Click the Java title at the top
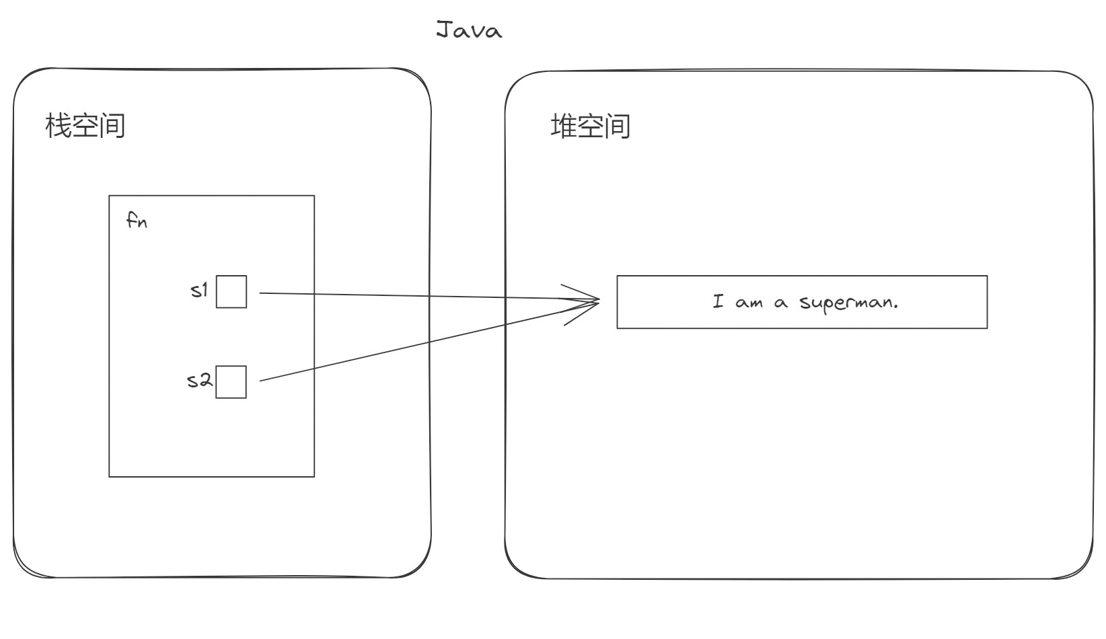point(469,30)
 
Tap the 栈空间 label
point(85,126)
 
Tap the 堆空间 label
point(591,126)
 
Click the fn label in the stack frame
point(137,220)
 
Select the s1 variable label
point(200,291)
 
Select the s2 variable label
point(200,380)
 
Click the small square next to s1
point(231,292)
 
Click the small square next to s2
point(231,382)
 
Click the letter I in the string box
point(718,301)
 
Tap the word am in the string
point(749,303)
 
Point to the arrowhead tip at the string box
point(599,300)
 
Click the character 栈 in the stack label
point(59,126)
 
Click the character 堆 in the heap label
point(563,126)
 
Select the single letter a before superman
point(780,303)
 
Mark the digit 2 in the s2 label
point(206,379)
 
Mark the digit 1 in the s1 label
point(205,290)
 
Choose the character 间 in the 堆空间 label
point(618,126)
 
